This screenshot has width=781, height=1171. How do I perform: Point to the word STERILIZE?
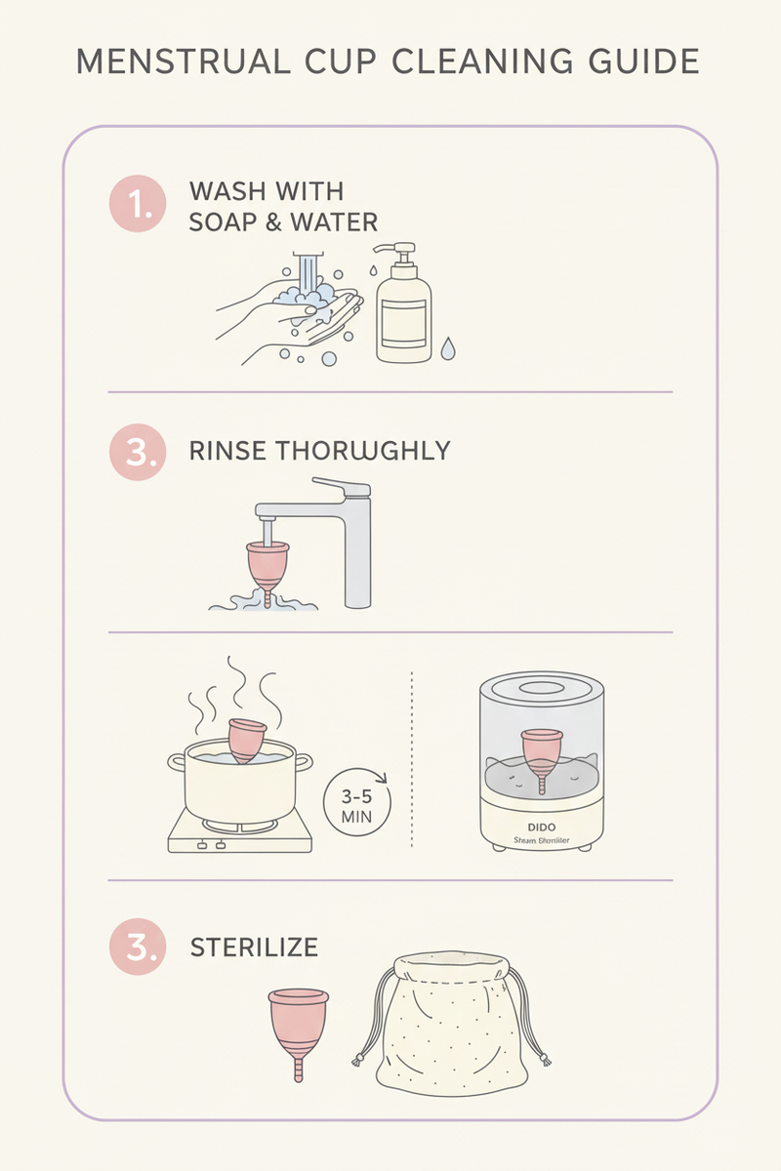click(254, 948)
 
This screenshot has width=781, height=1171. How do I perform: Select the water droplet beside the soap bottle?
click(447, 348)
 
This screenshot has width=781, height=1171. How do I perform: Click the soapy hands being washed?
click(293, 312)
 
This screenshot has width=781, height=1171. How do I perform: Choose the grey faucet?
click(332, 527)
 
